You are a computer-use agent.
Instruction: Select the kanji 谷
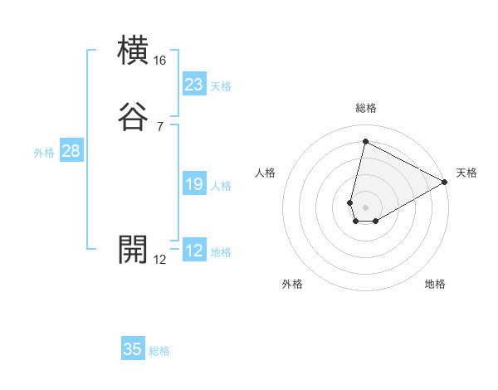133,117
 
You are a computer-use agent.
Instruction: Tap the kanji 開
133,249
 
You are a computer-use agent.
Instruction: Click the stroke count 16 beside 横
159,61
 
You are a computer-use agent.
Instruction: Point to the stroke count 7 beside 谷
159,126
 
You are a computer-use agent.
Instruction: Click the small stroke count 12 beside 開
159,259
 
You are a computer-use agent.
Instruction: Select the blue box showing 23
194,85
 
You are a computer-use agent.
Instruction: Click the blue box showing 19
194,185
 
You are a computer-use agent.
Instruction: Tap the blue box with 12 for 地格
194,251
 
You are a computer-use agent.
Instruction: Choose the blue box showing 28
71,151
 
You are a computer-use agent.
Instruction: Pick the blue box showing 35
133,349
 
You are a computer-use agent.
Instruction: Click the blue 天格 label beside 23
221,86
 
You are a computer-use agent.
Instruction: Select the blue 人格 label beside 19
221,186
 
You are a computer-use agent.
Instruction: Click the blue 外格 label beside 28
44,153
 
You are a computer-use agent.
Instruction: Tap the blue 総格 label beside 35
159,351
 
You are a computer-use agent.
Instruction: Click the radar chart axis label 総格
365,108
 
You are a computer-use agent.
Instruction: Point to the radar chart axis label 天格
466,173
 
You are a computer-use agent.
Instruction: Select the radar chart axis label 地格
435,285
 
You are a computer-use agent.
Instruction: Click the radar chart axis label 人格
266,173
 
